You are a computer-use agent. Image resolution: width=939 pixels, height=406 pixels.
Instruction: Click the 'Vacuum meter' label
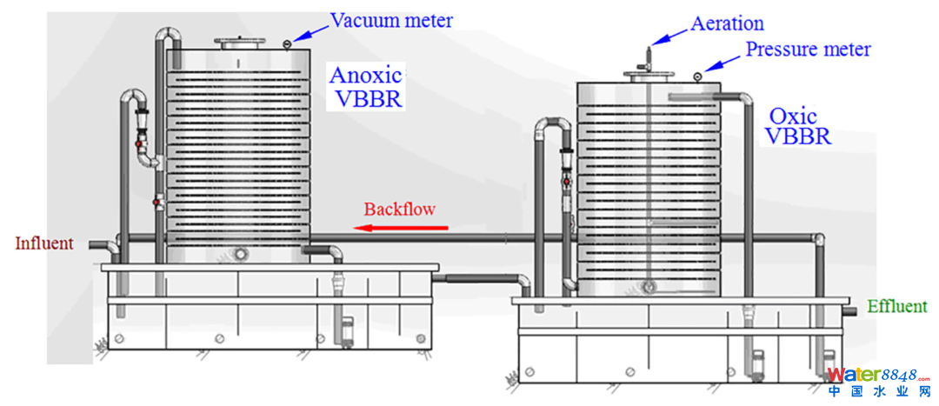390,20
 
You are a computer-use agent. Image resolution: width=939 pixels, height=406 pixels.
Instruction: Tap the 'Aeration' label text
727,23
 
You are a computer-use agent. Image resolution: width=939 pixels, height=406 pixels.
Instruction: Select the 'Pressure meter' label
808,49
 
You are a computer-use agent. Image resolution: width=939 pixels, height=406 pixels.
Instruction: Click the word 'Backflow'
399,209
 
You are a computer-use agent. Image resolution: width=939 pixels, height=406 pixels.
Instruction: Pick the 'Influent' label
44,243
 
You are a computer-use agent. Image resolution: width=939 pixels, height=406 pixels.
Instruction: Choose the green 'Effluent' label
897,306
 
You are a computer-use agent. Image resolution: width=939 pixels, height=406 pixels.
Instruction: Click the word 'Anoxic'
365,76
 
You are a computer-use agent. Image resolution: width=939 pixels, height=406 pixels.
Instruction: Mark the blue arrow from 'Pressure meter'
721,64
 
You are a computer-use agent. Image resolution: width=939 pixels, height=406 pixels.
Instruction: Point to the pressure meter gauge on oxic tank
697,77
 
